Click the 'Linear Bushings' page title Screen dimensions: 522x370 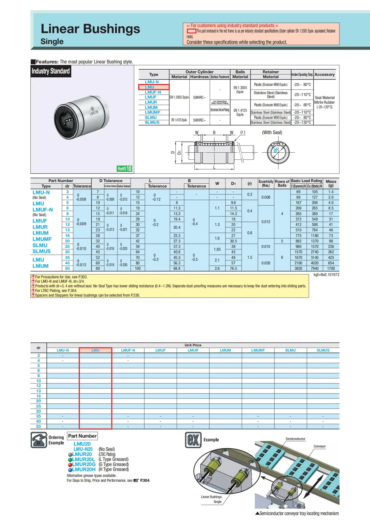[90, 29]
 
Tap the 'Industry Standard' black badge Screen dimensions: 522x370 [51, 71]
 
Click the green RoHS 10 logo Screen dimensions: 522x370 [124, 169]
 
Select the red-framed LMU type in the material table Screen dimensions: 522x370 [153, 87]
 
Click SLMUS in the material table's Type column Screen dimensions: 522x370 [152, 123]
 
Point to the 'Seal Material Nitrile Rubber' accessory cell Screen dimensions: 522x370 [325, 102]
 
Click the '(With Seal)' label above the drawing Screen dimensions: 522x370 [272, 133]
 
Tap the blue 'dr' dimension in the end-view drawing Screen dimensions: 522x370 [276, 150]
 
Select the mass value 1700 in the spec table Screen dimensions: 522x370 [331, 268]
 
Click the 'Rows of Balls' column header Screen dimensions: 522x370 [282, 183]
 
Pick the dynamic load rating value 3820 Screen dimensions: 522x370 [298, 268]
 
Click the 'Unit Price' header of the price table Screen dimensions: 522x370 [193, 345]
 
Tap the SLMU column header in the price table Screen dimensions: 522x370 [290, 350]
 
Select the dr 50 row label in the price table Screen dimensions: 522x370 [38, 427]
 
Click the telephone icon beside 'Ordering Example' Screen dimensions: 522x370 [39, 440]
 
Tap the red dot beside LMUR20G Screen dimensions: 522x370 [70, 464]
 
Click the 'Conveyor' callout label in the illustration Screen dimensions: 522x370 [319, 446]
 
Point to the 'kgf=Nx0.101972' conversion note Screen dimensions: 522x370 [326, 275]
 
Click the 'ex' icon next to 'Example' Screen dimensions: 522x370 [193, 440]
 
